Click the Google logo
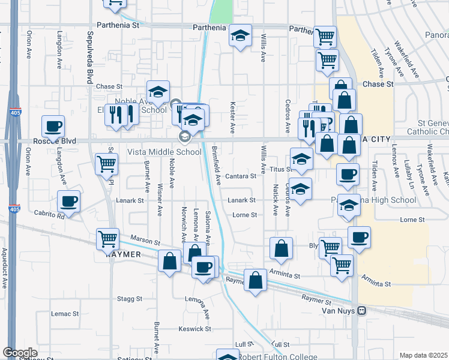[x=20, y=353]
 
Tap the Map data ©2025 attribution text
[x=423, y=355]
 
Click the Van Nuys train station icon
[x=361, y=310]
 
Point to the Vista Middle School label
[x=164, y=152]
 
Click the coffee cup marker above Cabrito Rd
[x=68, y=202]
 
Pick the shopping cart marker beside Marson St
[x=108, y=238]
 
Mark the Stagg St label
[x=130, y=298]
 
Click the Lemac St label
[x=65, y=314]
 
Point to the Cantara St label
[x=241, y=176]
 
